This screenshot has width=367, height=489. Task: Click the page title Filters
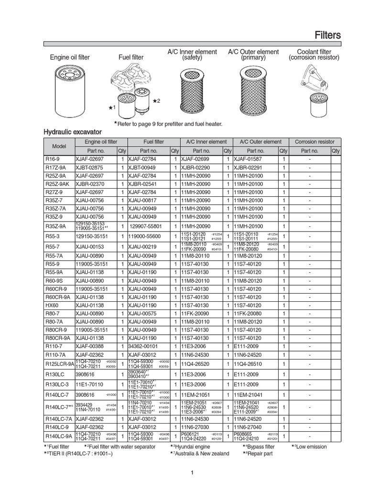327,35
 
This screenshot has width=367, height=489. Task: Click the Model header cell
59,146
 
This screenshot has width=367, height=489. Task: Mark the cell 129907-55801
146,226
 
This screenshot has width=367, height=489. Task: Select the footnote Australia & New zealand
201,454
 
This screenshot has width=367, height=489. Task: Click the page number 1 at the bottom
191,473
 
